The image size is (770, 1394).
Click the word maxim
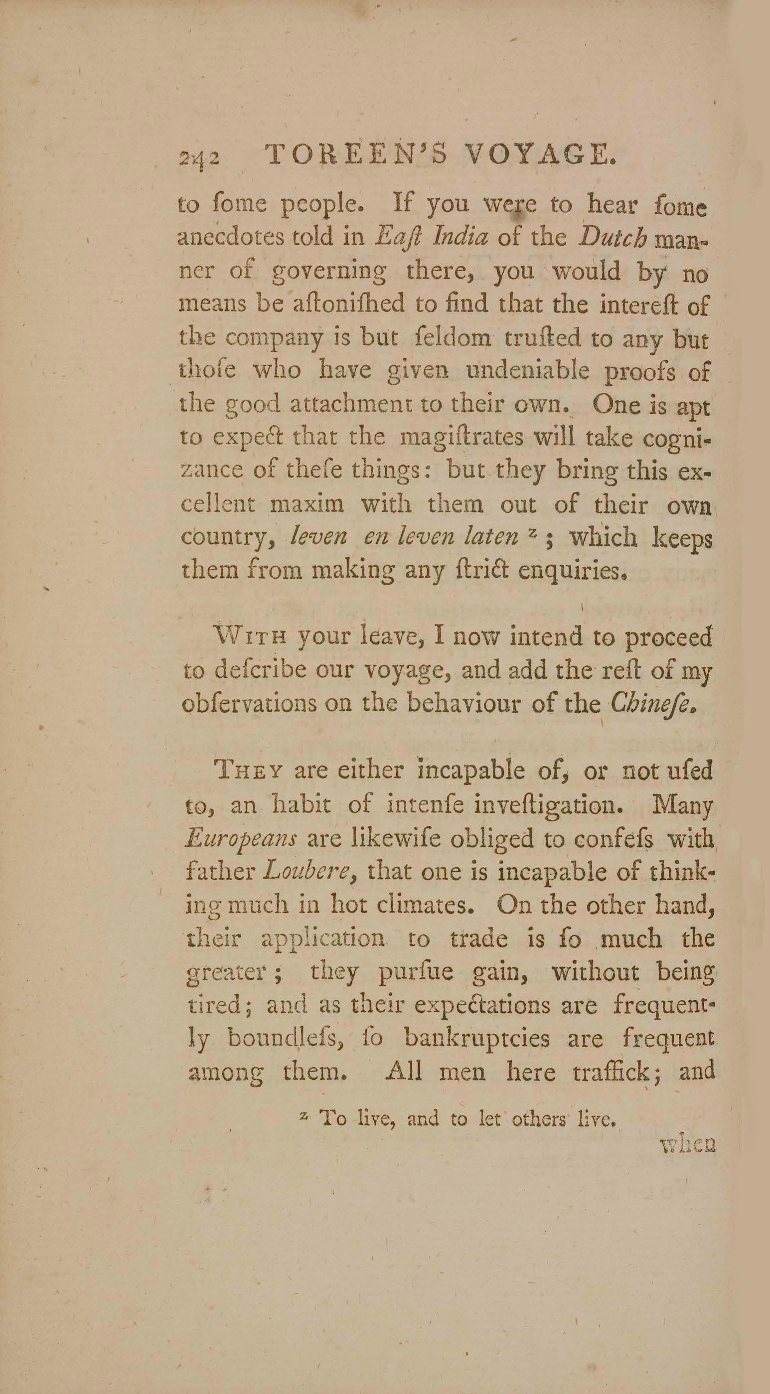pos(307,505)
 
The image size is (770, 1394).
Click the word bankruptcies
pos(477,1039)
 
